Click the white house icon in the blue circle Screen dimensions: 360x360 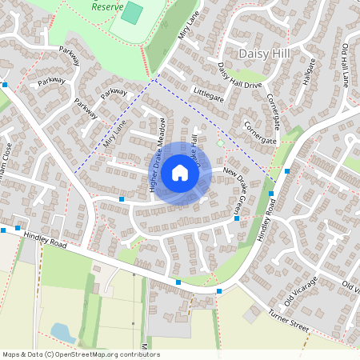tap(180, 172)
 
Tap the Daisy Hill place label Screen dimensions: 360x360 tap(267, 53)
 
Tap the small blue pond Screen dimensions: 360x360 tap(61, 330)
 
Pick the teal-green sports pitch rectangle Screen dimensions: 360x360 tap(132, 14)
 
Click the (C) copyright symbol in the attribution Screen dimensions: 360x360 tap(49, 354)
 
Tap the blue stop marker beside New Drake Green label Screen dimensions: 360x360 tap(236, 218)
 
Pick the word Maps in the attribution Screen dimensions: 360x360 tap(11, 354)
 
